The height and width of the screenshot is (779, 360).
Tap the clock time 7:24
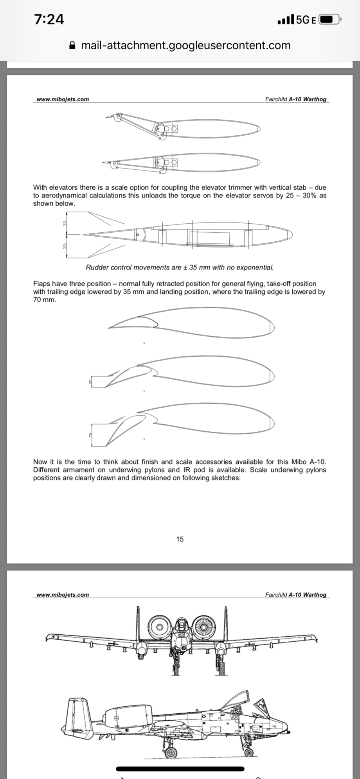(x=49, y=19)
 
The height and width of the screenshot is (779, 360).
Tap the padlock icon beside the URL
(x=72, y=45)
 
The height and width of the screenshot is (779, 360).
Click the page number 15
(x=180, y=539)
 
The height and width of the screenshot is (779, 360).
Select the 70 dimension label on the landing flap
(x=90, y=435)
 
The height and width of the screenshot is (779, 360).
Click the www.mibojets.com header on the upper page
(x=63, y=99)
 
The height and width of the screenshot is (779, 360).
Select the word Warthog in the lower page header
(x=315, y=595)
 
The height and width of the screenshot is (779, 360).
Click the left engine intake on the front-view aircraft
(x=160, y=627)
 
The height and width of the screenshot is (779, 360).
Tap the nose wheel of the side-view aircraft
(x=248, y=753)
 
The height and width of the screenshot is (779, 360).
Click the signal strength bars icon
(x=285, y=20)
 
